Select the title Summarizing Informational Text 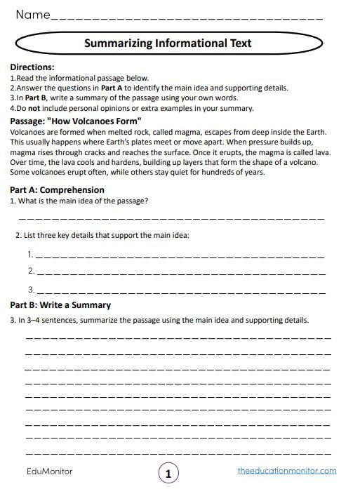click(x=168, y=43)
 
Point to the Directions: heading click(x=34, y=67)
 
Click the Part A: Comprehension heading click(x=57, y=189)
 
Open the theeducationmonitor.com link click(x=286, y=471)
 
